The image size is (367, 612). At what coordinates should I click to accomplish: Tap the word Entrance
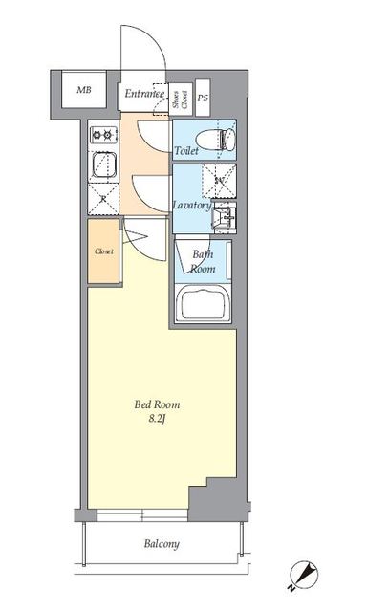pyautogui.click(x=144, y=94)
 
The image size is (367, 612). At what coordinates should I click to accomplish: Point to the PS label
pyautogui.click(x=203, y=98)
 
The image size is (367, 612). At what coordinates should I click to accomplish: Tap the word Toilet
pyautogui.click(x=187, y=152)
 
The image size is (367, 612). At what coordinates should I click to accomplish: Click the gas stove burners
pyautogui.click(x=102, y=135)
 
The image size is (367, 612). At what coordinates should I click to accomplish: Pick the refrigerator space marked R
pyautogui.click(x=103, y=199)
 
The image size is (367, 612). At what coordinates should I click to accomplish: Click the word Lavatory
pyautogui.click(x=190, y=205)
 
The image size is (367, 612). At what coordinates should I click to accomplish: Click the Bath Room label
pyautogui.click(x=202, y=262)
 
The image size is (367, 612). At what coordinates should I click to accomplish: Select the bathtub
pyautogui.click(x=204, y=305)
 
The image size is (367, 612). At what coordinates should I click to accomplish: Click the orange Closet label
pyautogui.click(x=104, y=251)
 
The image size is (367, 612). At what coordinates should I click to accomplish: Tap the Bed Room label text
pyautogui.click(x=156, y=404)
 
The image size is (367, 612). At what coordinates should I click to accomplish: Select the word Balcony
pyautogui.click(x=162, y=544)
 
